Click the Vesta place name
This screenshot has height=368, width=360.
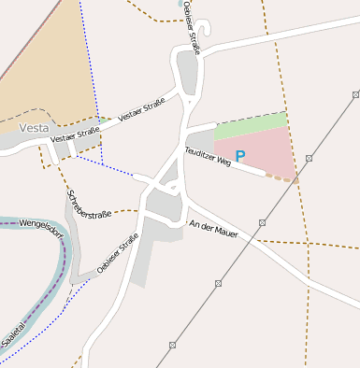point(35,127)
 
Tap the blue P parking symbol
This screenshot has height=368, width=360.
point(240,157)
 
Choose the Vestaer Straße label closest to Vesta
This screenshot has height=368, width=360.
point(75,135)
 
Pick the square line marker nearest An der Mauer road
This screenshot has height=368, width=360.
point(264,223)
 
